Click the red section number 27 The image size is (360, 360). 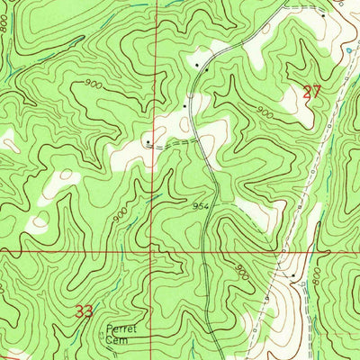tap(312, 91)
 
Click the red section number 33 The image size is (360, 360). tap(84, 311)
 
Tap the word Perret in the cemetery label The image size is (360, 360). tap(117, 328)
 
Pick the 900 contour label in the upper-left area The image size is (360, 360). tap(90, 84)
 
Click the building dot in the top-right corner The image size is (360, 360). tap(323, 15)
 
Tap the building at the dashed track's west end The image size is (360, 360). tap(148, 140)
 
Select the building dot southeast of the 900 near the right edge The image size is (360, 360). tap(292, 274)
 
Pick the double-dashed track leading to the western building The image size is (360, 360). tap(175, 143)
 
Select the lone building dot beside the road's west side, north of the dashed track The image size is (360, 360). tap(184, 105)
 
